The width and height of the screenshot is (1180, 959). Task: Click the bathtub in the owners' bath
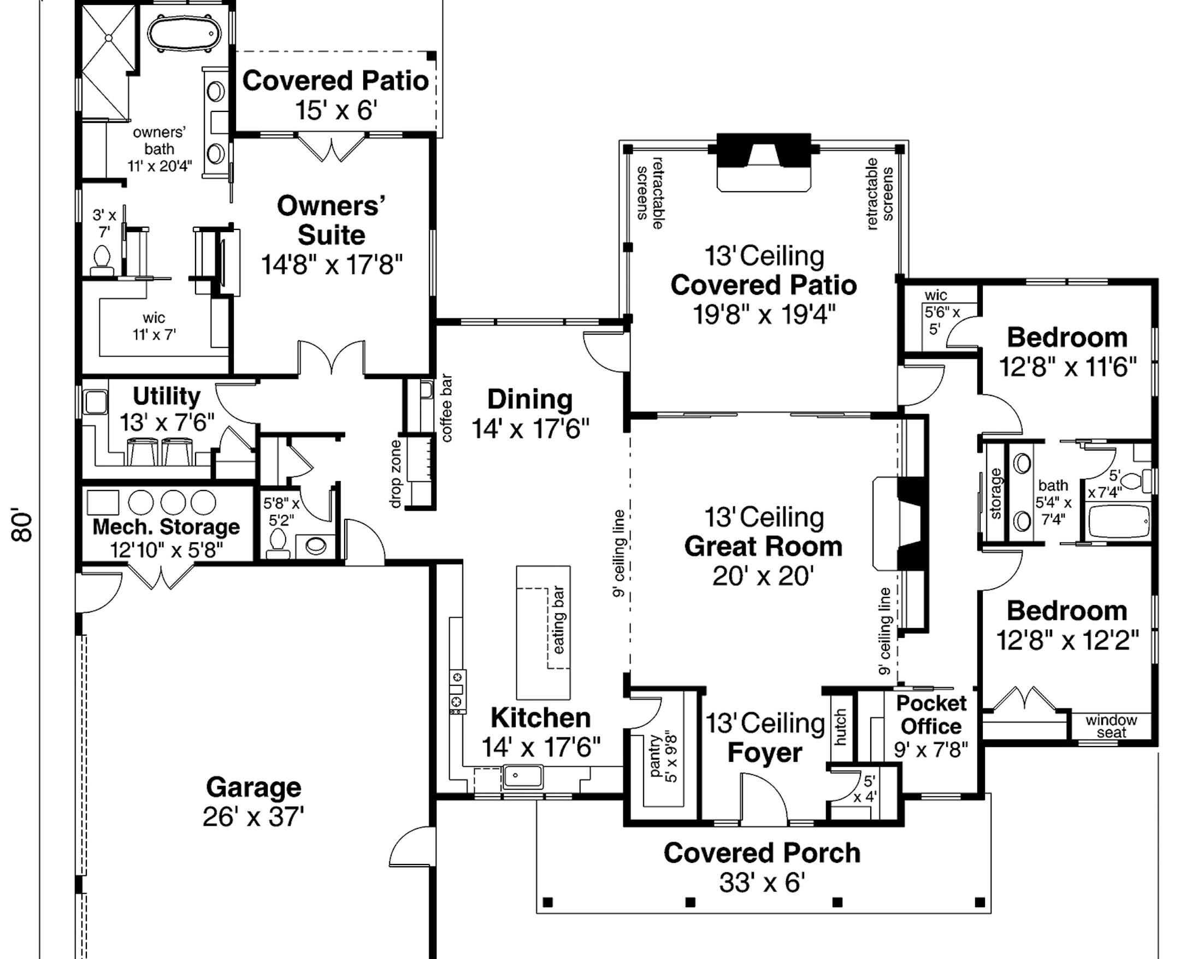coord(184,33)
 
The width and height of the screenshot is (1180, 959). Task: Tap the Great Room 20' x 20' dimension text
coord(763,576)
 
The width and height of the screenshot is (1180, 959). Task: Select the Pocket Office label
coord(931,715)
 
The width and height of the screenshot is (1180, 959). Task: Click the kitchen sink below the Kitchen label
coord(522,776)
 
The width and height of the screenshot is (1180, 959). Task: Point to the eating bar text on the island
coord(559,620)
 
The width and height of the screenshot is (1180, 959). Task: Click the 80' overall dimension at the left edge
coord(23,525)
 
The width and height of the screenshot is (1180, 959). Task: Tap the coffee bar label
coord(446,409)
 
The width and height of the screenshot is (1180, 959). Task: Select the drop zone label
coord(396,474)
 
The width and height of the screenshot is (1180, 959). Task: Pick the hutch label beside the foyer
coord(840,728)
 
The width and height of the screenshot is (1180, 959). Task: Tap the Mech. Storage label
coord(166,526)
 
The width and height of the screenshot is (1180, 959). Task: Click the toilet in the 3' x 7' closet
coord(102,260)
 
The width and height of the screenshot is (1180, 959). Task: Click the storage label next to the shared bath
coord(995,494)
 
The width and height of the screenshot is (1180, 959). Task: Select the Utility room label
coord(166,396)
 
